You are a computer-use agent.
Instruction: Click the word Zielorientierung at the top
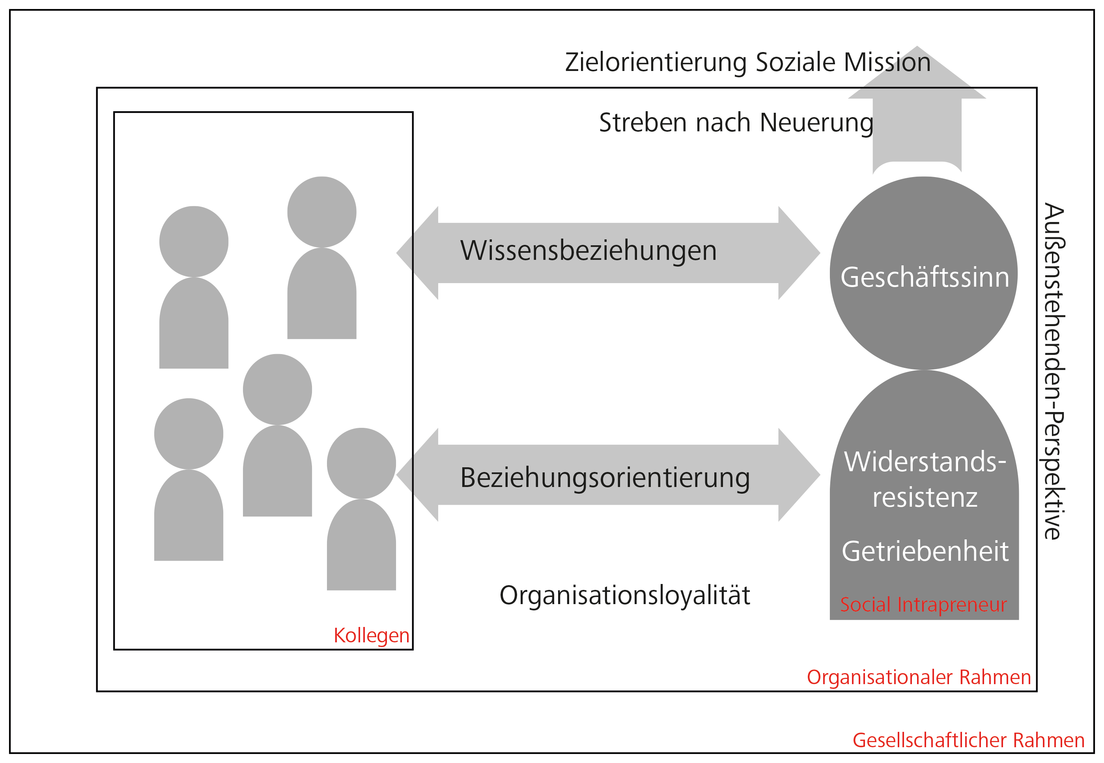pos(656,63)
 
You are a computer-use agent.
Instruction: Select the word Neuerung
pos(816,123)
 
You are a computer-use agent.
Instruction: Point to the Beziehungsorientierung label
pos(605,478)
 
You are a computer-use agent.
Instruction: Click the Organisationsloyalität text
pos(624,596)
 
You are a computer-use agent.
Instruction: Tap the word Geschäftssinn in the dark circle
pos(925,277)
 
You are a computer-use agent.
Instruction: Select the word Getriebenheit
pos(925,551)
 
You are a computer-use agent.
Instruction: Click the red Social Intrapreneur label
pos(923,605)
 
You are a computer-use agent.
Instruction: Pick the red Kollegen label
pos(371,636)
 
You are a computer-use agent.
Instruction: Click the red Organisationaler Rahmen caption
pos(919,677)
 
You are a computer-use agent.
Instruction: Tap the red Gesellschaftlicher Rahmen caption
pos(968,741)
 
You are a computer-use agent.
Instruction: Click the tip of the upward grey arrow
pos(917,47)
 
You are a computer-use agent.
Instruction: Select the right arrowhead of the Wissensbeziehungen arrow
pos(799,253)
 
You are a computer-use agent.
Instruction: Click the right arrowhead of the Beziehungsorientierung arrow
pos(799,475)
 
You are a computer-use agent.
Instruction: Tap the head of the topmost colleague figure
pos(321,212)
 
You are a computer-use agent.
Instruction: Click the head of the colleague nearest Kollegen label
pos(361,463)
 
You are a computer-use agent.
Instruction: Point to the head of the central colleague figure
pos(277,389)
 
